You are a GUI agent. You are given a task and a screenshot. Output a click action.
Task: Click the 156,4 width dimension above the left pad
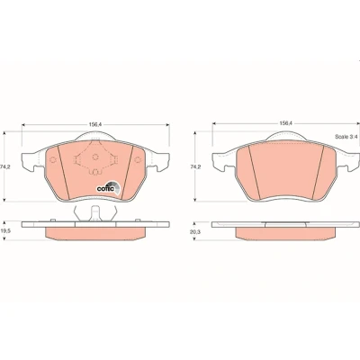coord(94,124)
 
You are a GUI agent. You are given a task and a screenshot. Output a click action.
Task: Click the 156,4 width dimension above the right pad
coord(285,122)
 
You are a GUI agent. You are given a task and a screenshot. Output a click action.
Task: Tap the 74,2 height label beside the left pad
coord(6,167)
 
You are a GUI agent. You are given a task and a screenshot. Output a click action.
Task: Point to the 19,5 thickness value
coord(6,231)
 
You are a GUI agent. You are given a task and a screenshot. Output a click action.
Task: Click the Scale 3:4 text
coord(346,137)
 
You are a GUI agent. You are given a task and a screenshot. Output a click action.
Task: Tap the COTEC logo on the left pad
coord(108,188)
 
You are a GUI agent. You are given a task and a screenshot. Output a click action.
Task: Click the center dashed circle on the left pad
coord(95,157)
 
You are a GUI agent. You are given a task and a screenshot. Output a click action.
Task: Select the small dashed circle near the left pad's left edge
coord(52,160)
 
